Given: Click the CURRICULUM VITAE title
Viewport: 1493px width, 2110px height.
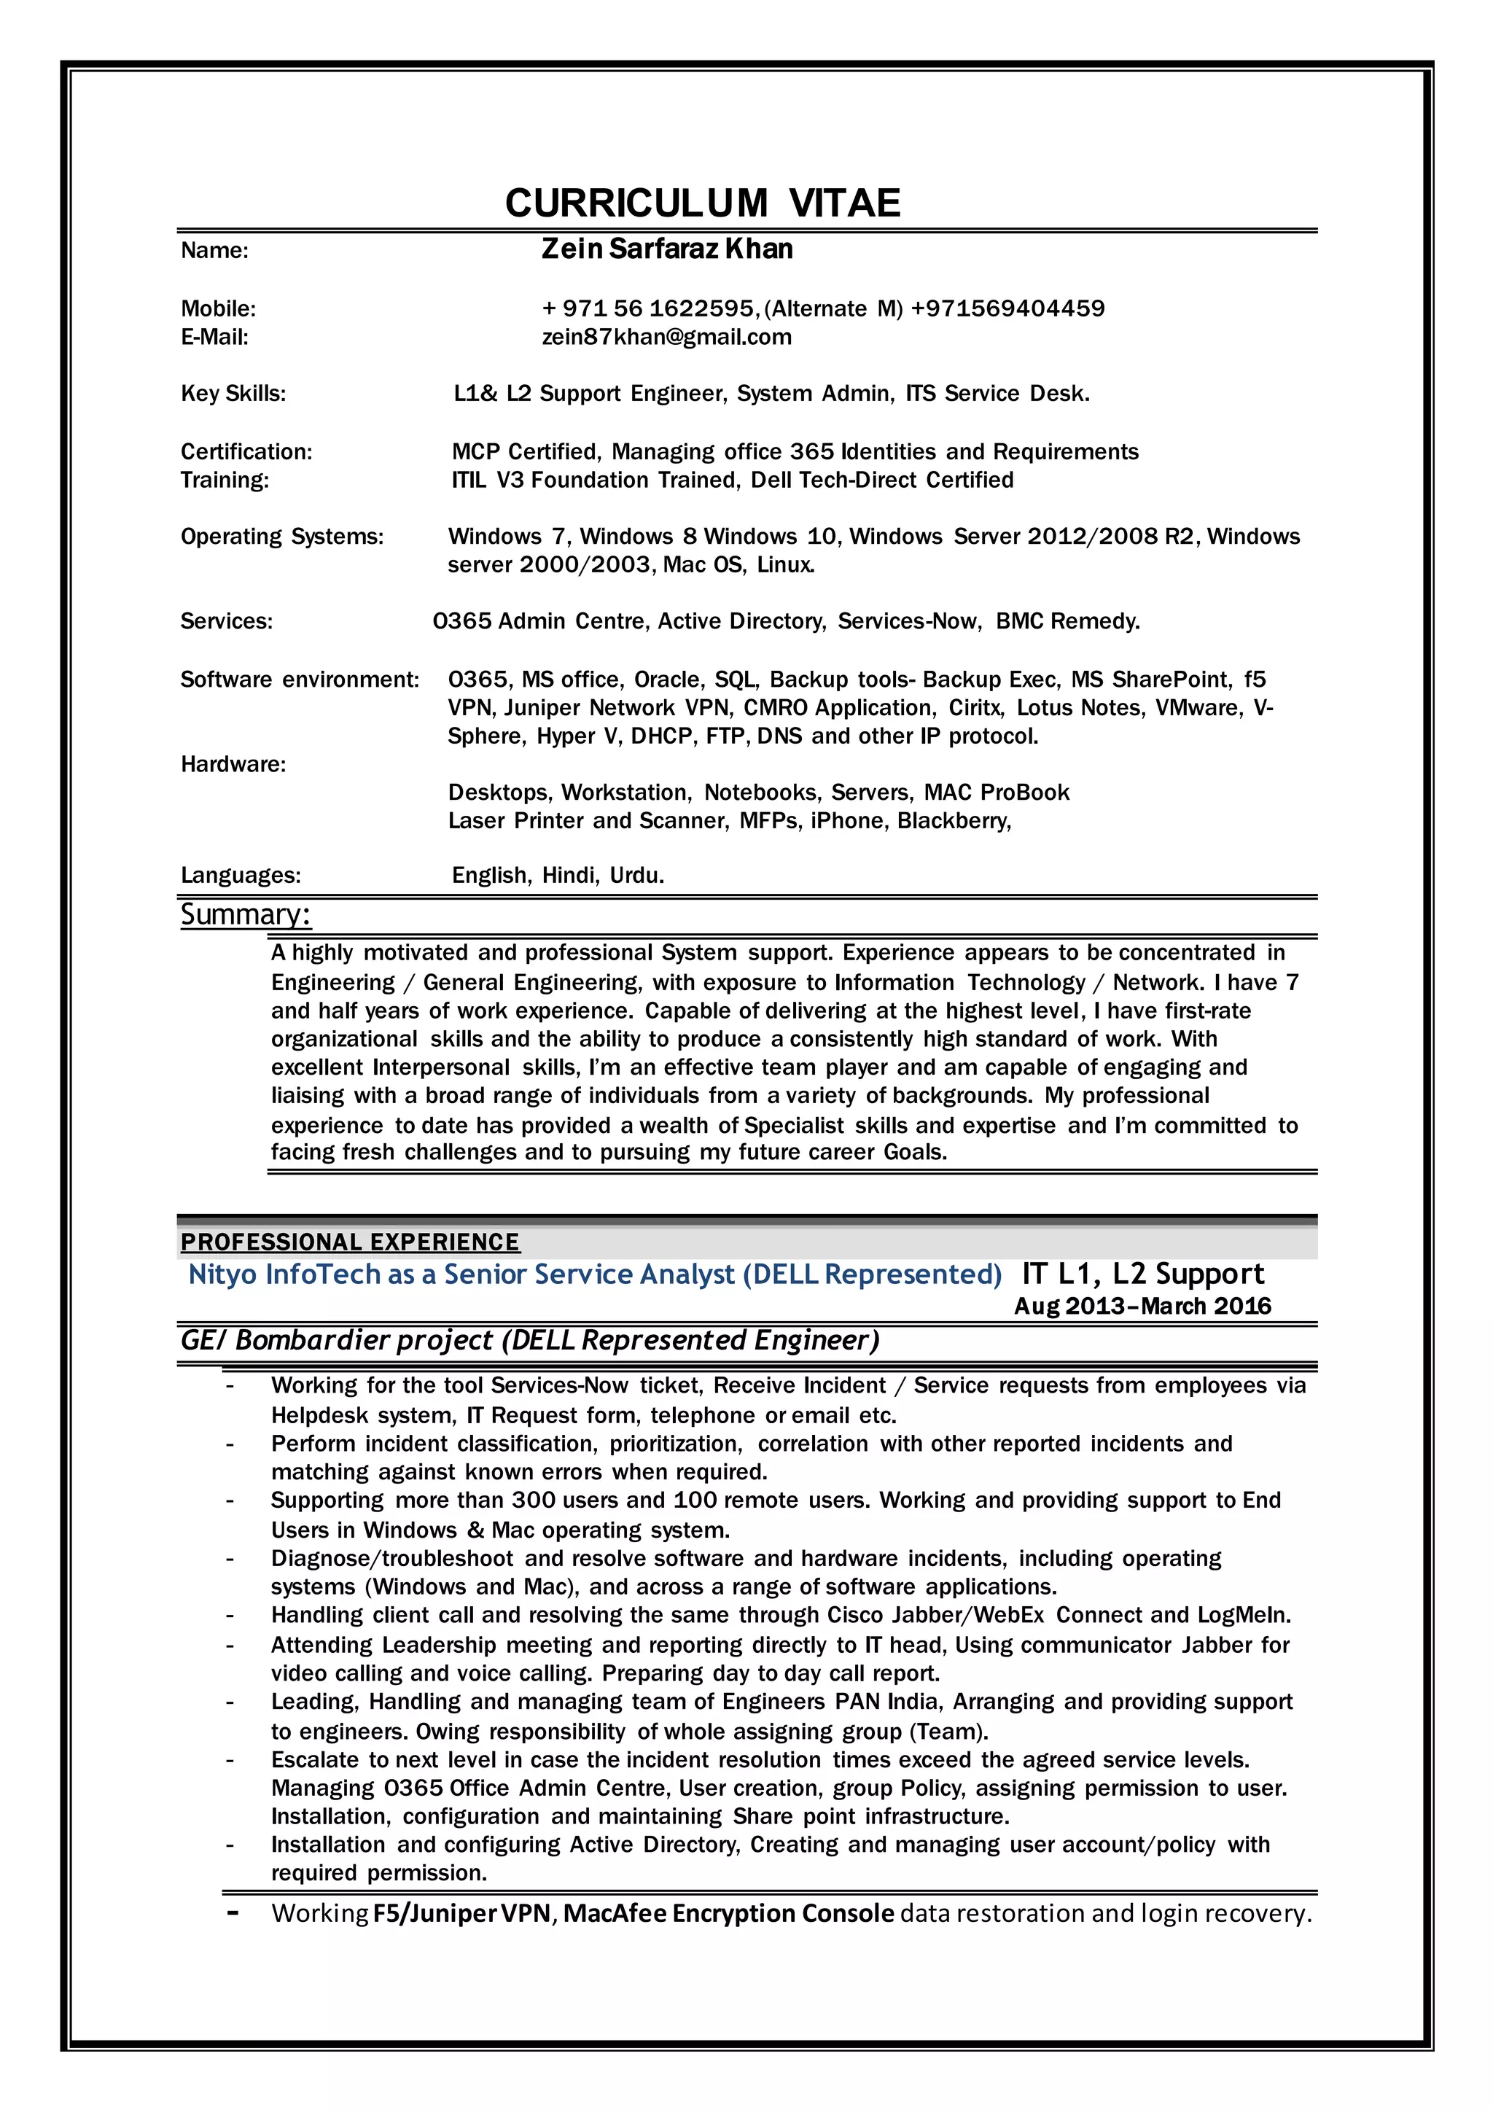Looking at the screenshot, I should click(702, 203).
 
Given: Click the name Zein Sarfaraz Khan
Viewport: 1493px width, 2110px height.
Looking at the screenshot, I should click(666, 249).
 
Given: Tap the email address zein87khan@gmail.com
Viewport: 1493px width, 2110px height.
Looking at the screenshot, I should click(666, 338).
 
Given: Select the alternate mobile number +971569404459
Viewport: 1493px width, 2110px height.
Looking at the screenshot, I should click(1007, 309).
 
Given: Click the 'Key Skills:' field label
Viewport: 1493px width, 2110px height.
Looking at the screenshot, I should click(233, 394).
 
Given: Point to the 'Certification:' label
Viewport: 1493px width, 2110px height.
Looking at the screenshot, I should click(246, 452).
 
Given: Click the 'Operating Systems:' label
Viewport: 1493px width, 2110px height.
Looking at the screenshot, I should click(281, 537).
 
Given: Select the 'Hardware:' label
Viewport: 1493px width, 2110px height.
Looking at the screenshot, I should click(233, 765).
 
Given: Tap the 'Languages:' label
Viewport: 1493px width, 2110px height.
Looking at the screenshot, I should click(240, 875).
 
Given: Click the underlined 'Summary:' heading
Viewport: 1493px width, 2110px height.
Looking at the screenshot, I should click(246, 915).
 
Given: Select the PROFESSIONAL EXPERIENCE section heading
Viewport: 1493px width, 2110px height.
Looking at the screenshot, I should click(349, 1243).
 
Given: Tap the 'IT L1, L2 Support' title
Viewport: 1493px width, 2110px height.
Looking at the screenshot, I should click(1143, 1274).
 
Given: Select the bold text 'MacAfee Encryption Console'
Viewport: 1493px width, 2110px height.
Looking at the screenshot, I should click(728, 1914).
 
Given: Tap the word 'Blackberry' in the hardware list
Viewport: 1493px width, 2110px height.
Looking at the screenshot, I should click(954, 821).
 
